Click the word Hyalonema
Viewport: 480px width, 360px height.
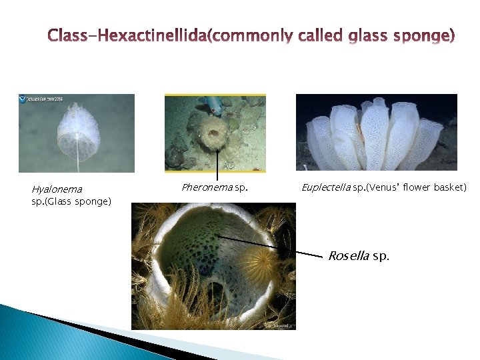[x=57, y=189]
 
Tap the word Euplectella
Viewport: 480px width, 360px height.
[x=325, y=187]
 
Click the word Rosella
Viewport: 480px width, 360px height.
[x=349, y=256]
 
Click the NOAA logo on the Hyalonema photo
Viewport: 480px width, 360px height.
[x=23, y=99]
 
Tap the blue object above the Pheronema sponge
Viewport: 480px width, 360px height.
[x=213, y=102]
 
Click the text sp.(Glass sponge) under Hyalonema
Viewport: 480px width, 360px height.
[x=71, y=201]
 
